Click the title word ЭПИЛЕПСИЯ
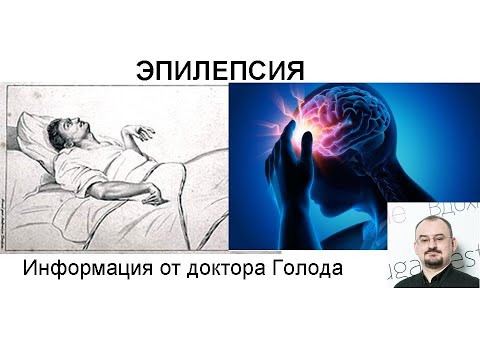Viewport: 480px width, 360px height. [220, 69]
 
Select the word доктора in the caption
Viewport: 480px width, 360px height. [257, 270]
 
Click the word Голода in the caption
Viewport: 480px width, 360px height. [331, 270]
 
